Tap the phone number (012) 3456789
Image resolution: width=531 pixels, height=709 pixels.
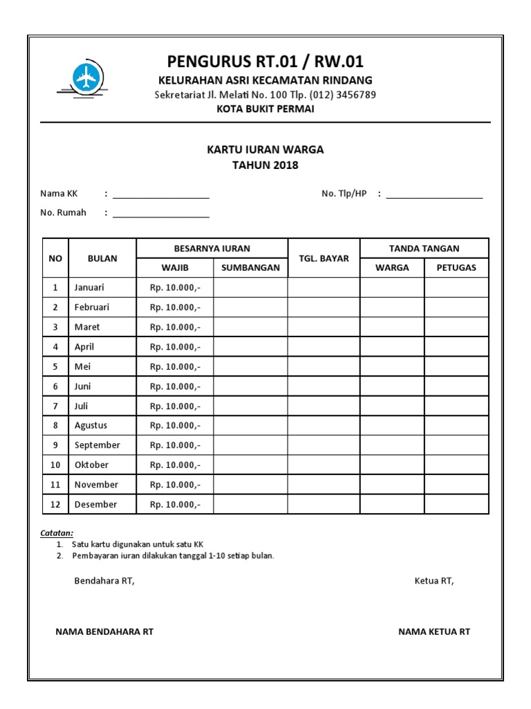pos(343,95)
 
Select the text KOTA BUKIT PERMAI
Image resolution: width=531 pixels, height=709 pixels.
pos(265,109)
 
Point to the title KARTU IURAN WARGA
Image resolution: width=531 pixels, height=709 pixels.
pos(265,150)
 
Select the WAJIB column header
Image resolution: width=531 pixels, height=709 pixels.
pos(174,268)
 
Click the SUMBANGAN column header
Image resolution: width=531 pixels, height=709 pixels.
pos(250,268)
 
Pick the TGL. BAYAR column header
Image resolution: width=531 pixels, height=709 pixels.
pos(324,258)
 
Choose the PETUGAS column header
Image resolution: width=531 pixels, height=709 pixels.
pos(456,268)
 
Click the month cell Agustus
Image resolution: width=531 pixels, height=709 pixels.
pos(91,426)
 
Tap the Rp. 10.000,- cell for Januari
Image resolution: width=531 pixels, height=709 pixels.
pos(175,287)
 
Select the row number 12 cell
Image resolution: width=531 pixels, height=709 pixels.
pos(55,505)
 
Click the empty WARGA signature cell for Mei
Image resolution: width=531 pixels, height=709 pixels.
pos(392,366)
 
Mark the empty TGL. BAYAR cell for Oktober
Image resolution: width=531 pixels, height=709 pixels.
pos(324,465)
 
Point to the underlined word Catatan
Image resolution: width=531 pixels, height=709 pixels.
pos(57,533)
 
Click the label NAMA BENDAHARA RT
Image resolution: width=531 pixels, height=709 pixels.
pos(104,631)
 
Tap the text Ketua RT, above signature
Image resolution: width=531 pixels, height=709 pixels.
pos(434,581)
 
